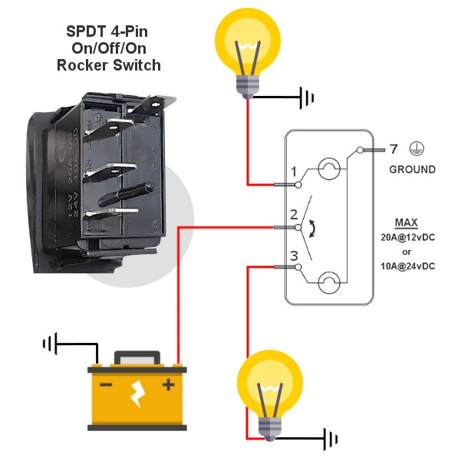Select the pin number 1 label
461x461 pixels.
(293, 170)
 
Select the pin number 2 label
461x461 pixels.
(293, 214)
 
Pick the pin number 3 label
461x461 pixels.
(293, 255)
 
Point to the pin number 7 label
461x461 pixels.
(393, 149)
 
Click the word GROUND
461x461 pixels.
(412, 170)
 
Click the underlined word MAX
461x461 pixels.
(406, 223)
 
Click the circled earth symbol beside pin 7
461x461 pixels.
(419, 149)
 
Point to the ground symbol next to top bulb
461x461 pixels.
(308, 97)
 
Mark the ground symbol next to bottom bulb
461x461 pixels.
(330, 439)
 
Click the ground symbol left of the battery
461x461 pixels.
(51, 342)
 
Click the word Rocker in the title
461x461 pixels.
(81, 65)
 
